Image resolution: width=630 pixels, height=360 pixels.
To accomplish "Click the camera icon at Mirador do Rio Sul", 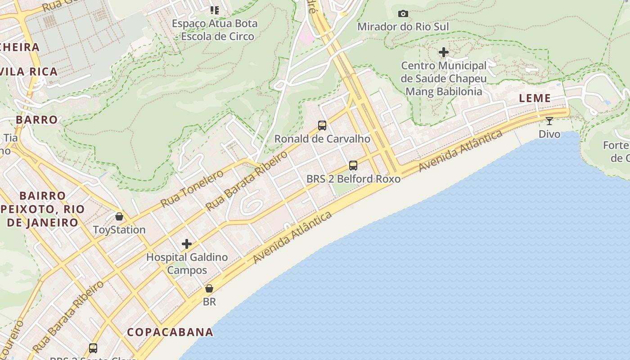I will pos(403,14).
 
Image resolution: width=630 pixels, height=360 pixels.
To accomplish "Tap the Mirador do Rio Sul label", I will pos(403,27).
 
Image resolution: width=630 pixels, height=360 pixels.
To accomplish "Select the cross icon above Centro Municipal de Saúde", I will pos(444,53).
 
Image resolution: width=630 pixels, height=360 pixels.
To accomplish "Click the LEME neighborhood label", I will pos(535,98).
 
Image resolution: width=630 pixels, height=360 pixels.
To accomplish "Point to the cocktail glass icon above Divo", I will pos(549,121).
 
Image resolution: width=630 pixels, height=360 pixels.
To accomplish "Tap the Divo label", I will pos(549,134).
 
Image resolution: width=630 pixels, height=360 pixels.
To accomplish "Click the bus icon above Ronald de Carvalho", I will pos(322,126).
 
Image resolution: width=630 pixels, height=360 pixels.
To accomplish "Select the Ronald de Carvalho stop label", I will pos(322,139).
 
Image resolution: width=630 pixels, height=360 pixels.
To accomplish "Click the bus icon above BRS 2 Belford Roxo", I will pos(353,166).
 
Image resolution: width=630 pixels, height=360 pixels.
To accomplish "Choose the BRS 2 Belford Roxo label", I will pos(353,179).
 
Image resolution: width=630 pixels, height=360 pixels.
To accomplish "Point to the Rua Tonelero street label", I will pos(192,189).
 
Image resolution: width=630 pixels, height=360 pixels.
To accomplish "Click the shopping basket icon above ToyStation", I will pos(119,216).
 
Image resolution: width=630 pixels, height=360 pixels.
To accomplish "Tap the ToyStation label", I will pos(119,229).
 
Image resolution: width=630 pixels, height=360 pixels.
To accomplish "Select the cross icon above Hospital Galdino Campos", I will pos(187,244).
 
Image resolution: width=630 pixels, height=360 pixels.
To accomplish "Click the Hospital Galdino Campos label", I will pos(187,264).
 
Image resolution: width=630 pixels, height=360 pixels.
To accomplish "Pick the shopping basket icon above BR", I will pos(209,288).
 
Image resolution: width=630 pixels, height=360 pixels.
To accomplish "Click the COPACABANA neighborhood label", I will pos(170,332).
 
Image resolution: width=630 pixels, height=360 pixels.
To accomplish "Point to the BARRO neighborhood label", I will pos(37,120).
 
